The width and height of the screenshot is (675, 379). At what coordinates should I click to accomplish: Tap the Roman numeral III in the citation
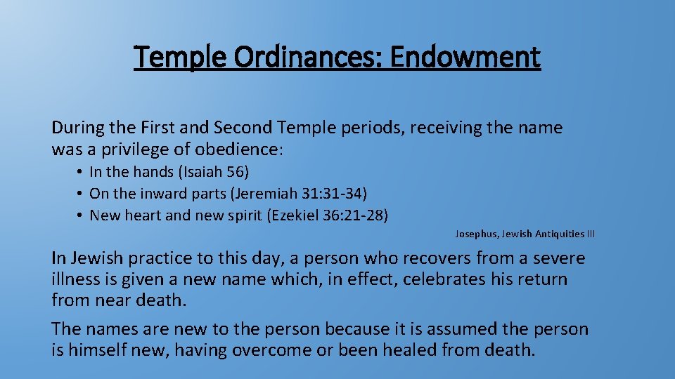[590, 234]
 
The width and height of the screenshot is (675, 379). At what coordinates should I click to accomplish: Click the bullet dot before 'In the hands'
[82, 172]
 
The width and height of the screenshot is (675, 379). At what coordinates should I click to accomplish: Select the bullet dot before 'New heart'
[82, 215]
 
